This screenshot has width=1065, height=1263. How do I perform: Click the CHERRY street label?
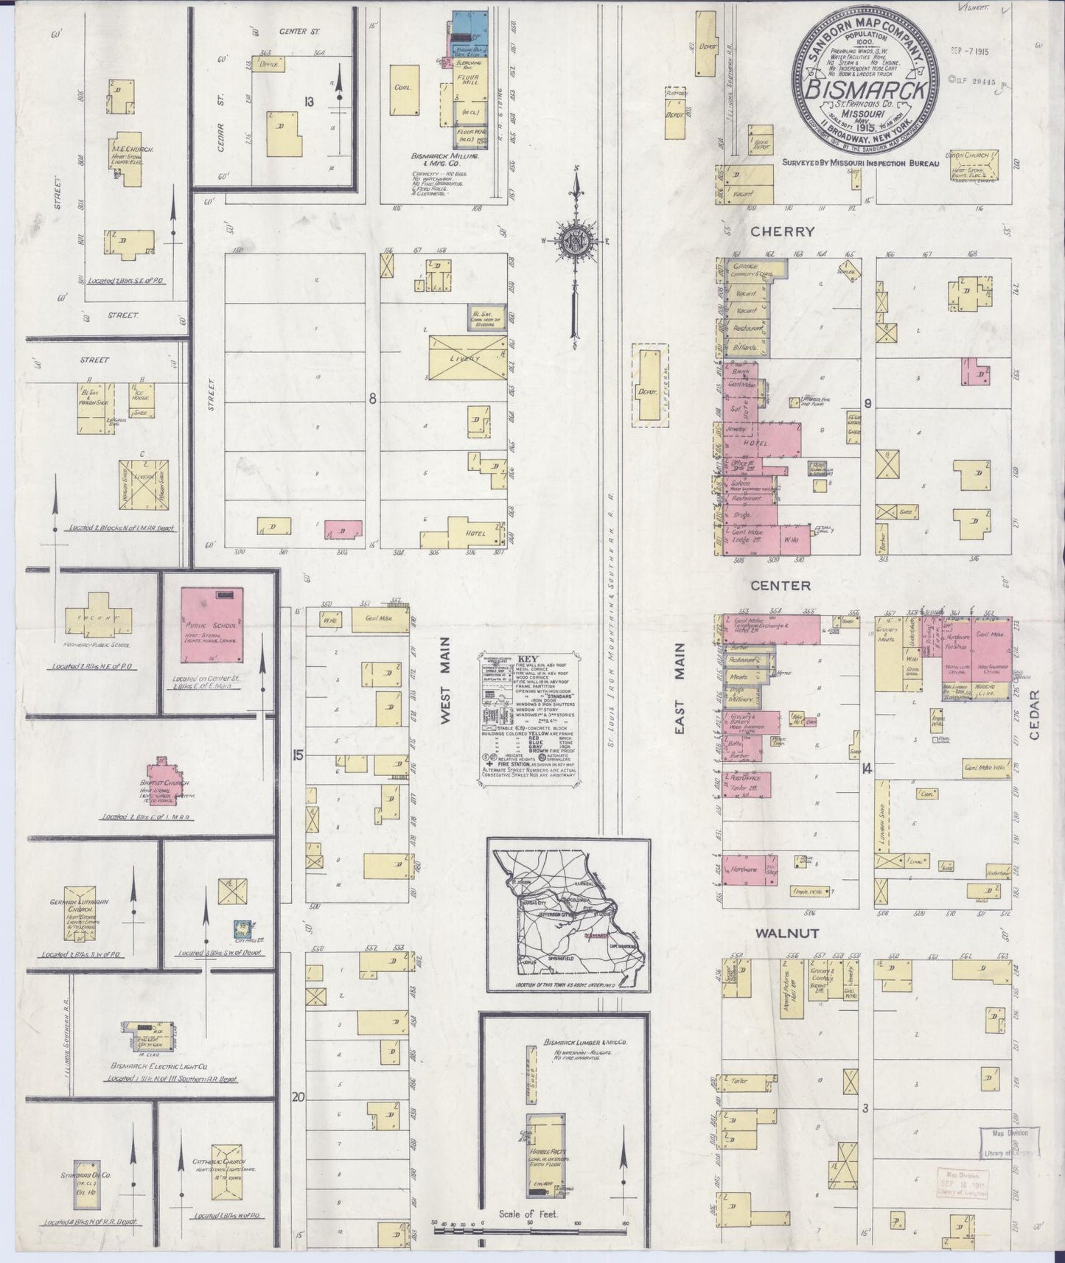coord(783,231)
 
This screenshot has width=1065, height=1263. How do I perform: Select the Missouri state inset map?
coord(568,916)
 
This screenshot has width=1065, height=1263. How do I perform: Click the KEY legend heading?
coord(528,660)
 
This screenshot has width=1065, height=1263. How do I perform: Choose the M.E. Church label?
coord(133,150)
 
